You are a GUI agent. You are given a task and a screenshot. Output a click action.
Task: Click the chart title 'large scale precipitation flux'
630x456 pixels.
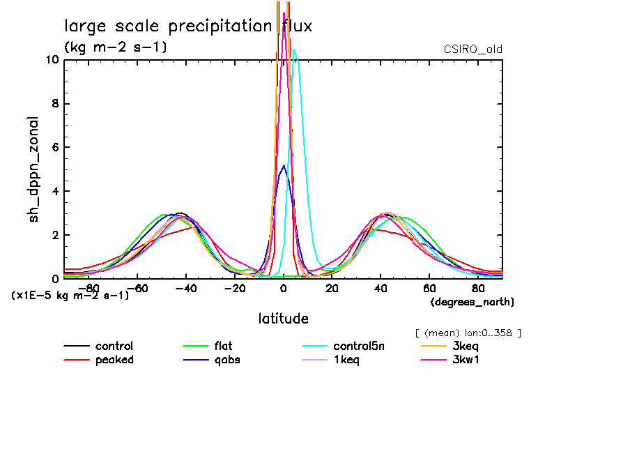click(188, 26)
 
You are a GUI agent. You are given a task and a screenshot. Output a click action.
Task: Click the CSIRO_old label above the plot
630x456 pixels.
click(472, 50)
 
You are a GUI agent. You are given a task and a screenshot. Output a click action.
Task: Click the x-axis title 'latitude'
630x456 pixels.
click(283, 319)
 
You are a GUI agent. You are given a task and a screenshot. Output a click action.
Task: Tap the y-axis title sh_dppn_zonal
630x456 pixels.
click(33, 169)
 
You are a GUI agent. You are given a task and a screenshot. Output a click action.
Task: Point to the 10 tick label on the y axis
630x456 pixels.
click(52, 60)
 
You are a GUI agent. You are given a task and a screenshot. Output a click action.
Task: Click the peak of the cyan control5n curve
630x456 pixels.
click(294, 50)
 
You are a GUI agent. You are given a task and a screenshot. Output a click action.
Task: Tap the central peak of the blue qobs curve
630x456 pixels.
click(283, 165)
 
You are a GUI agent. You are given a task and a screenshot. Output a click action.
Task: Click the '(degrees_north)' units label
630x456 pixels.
click(472, 302)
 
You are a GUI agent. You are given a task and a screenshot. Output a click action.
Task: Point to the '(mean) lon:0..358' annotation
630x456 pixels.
click(468, 333)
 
